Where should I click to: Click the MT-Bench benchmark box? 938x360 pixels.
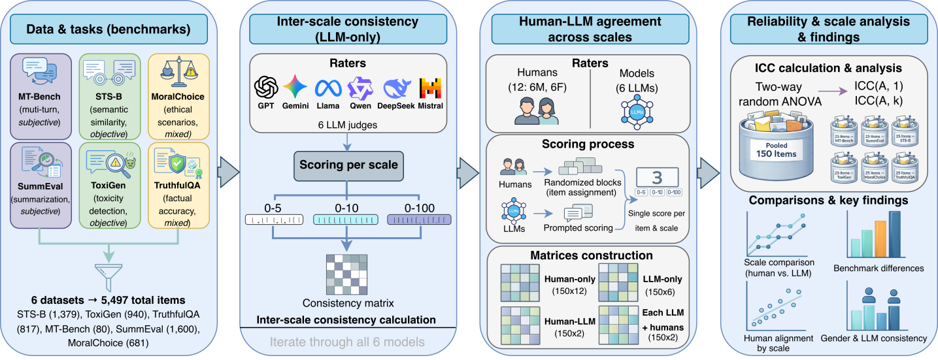coord(41,98)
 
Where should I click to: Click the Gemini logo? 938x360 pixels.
coord(295,87)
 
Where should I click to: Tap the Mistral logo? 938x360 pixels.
coord(430,88)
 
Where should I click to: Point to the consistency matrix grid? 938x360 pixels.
coord(346,273)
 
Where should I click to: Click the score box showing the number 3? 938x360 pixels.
coord(658,178)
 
